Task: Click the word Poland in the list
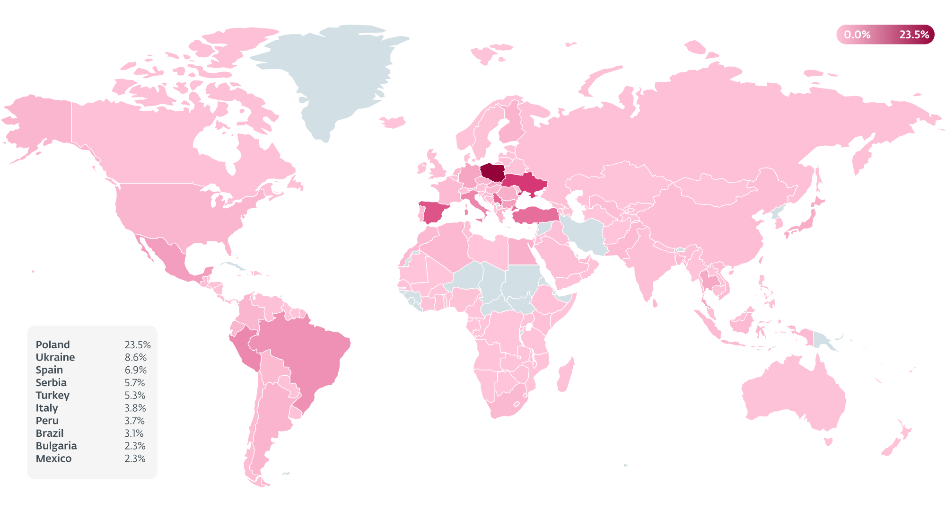click(53, 345)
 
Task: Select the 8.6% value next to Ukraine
click(135, 358)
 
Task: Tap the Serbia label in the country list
click(51, 383)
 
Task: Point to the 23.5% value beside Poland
click(137, 345)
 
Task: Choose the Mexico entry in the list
click(53, 459)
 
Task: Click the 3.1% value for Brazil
click(134, 433)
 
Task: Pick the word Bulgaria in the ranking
click(56, 446)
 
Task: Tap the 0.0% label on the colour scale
click(857, 35)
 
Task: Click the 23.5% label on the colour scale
click(914, 35)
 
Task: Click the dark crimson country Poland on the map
click(492, 173)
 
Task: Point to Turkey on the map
click(534, 215)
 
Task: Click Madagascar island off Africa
click(565, 376)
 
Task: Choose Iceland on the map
click(393, 123)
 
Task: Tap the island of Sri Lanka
click(655, 302)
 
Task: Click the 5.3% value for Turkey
click(135, 396)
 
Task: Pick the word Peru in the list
click(47, 421)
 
